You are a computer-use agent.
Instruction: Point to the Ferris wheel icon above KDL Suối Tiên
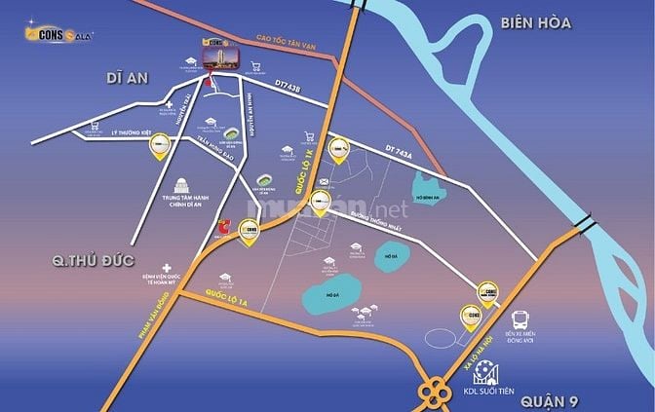click(x=490, y=375)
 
